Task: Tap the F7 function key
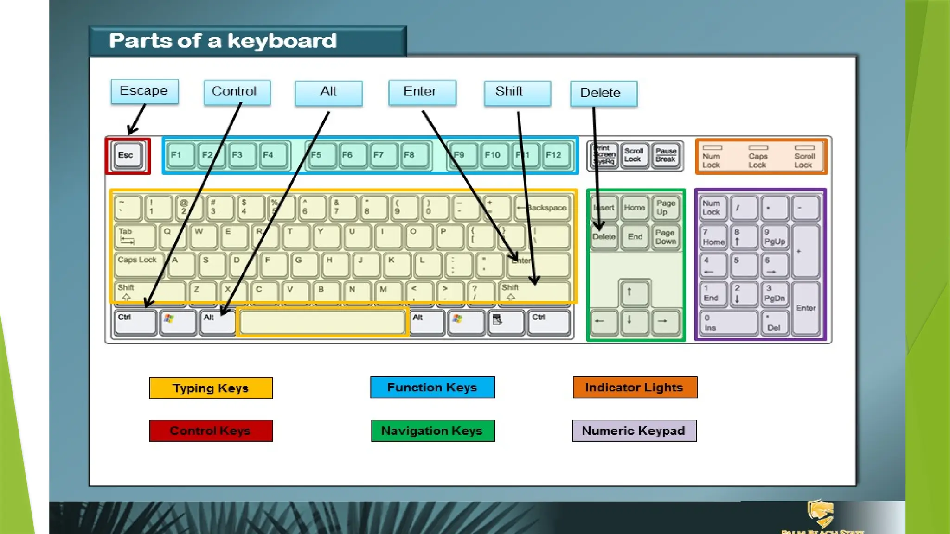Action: click(x=382, y=155)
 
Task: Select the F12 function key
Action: click(x=555, y=155)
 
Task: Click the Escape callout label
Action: click(x=144, y=91)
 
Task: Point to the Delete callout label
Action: click(x=603, y=93)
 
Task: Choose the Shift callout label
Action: click(x=517, y=92)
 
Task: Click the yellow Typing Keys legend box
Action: click(x=211, y=388)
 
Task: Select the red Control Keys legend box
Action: click(x=211, y=431)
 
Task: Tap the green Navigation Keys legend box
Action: click(x=432, y=431)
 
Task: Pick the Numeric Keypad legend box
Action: click(x=634, y=431)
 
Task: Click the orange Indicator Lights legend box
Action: click(x=635, y=388)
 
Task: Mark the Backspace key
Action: click(x=543, y=208)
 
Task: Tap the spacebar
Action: click(x=322, y=322)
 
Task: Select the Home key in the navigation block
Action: click(x=635, y=208)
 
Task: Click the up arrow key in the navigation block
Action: click(x=634, y=292)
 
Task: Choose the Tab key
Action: click(x=135, y=236)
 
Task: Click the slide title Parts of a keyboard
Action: click(x=223, y=41)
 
